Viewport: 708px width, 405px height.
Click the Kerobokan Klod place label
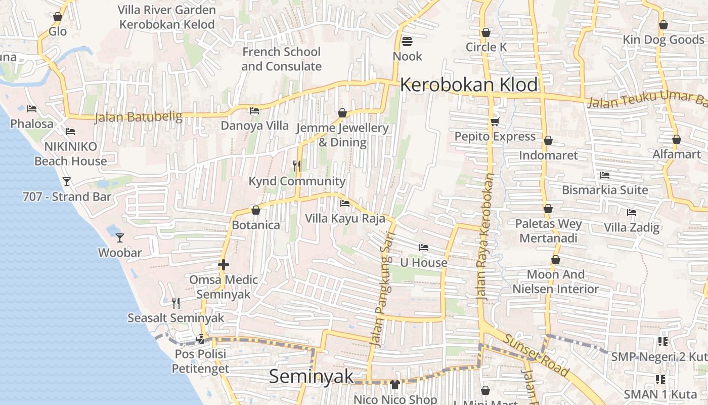coord(469,85)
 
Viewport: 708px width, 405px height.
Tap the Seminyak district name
coord(311,377)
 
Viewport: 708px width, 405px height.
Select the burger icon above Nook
coord(407,41)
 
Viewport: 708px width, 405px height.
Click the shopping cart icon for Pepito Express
coord(495,121)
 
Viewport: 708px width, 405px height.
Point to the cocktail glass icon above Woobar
coord(120,237)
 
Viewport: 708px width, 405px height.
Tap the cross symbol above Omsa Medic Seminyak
coord(223,265)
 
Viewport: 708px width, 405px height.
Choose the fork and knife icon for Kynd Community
coord(297,166)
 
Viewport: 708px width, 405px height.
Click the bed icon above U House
coord(424,248)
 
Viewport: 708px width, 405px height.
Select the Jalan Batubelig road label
coord(138,117)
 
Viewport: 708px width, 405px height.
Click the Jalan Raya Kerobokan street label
coord(485,238)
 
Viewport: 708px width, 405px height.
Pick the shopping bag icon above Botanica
coord(256,210)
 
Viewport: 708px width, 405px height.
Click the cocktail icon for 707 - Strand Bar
coord(67,182)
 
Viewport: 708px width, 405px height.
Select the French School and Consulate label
coord(281,59)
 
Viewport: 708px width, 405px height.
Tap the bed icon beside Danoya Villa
coord(254,111)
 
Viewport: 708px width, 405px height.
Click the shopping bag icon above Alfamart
coord(676,139)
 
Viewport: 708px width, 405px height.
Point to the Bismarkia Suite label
coord(605,190)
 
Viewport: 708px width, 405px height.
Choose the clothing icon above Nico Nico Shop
coord(395,385)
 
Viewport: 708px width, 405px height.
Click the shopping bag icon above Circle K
coord(486,32)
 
